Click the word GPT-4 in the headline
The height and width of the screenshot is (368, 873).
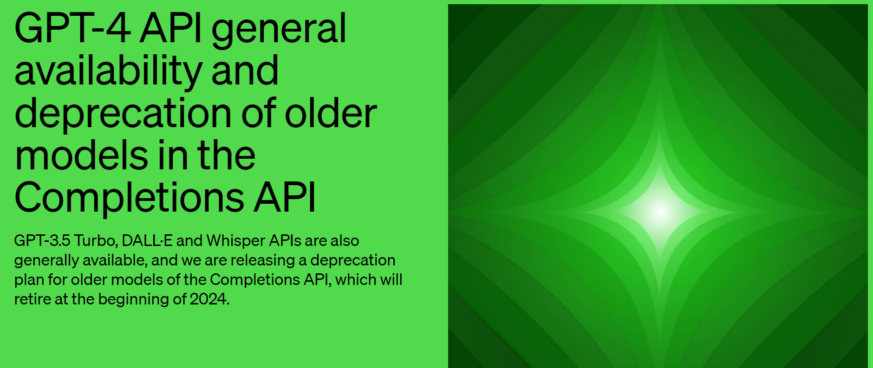pyautogui.click(x=72, y=29)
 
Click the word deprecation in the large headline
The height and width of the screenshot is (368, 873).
pyautogui.click(x=123, y=113)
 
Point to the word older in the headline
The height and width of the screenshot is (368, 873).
pyautogui.click(x=330, y=113)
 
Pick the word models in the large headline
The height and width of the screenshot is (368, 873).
pyautogui.click(x=81, y=155)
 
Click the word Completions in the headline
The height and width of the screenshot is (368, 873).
pyautogui.click(x=129, y=198)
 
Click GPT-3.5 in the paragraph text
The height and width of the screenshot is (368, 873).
pyautogui.click(x=42, y=241)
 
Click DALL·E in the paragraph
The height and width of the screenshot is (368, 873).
pyautogui.click(x=147, y=241)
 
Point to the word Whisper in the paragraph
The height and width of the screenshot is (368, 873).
pyautogui.click(x=235, y=241)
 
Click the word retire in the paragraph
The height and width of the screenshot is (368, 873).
pyautogui.click(x=32, y=299)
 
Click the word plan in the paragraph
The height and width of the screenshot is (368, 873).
pyautogui.click(x=29, y=280)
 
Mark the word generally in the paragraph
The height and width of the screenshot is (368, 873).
pyautogui.click(x=47, y=260)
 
